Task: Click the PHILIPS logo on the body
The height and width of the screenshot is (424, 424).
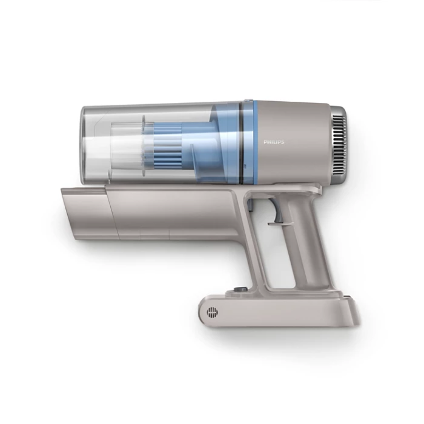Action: [x=274, y=142]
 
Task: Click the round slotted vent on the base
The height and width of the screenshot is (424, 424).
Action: [x=212, y=313]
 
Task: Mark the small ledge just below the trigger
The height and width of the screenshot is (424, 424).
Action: [x=276, y=223]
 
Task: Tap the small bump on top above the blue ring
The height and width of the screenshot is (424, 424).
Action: [x=247, y=101]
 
